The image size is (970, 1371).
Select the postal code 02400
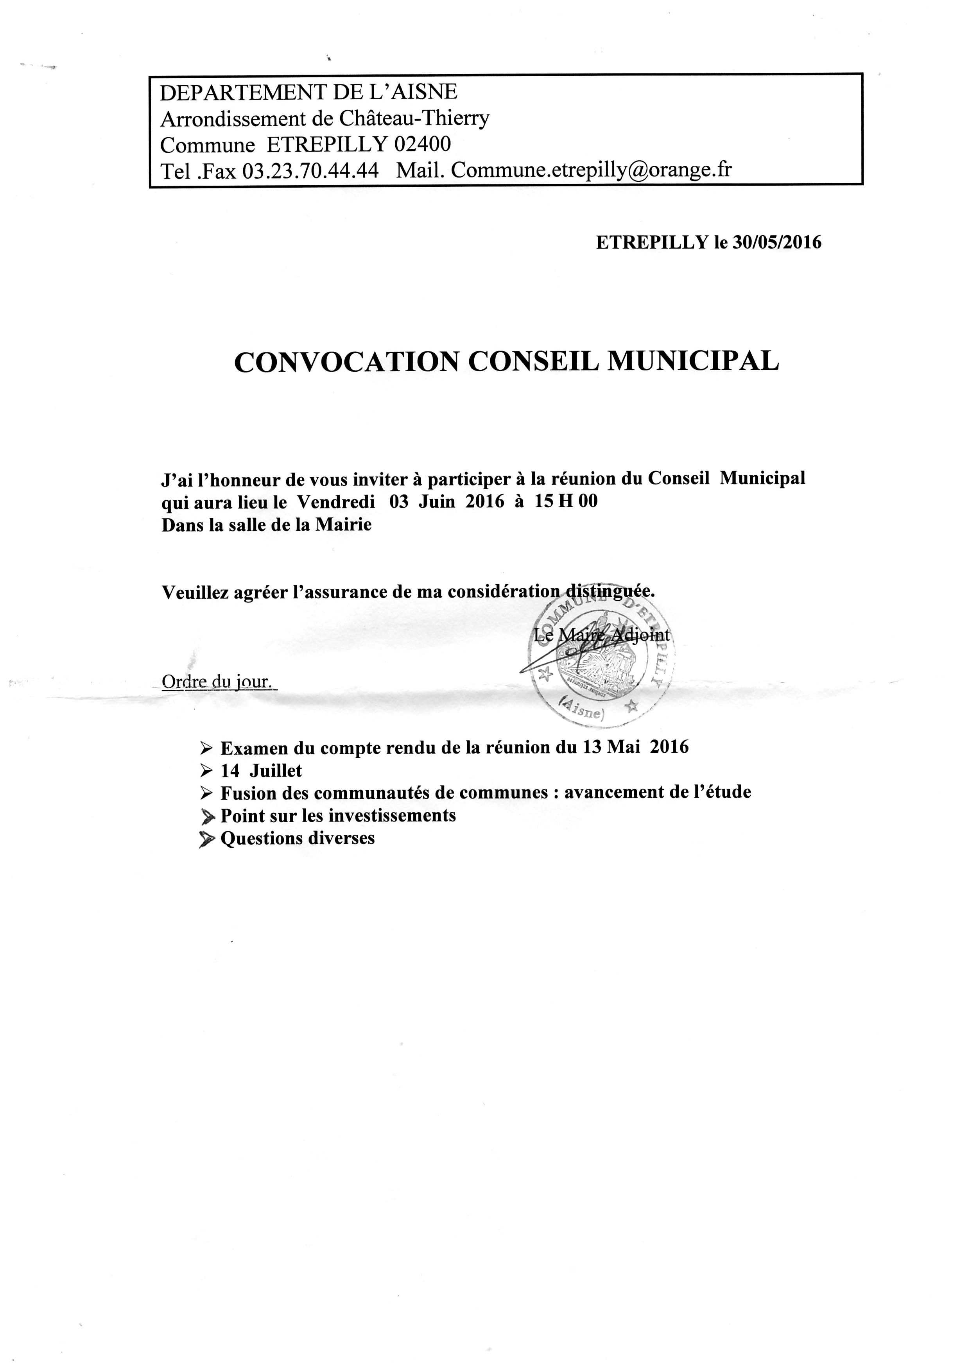(x=423, y=145)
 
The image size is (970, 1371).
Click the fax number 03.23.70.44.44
(x=310, y=171)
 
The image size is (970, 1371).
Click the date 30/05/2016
(x=776, y=242)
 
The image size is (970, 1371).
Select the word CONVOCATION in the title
(x=346, y=362)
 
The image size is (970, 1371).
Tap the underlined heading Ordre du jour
(x=218, y=681)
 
